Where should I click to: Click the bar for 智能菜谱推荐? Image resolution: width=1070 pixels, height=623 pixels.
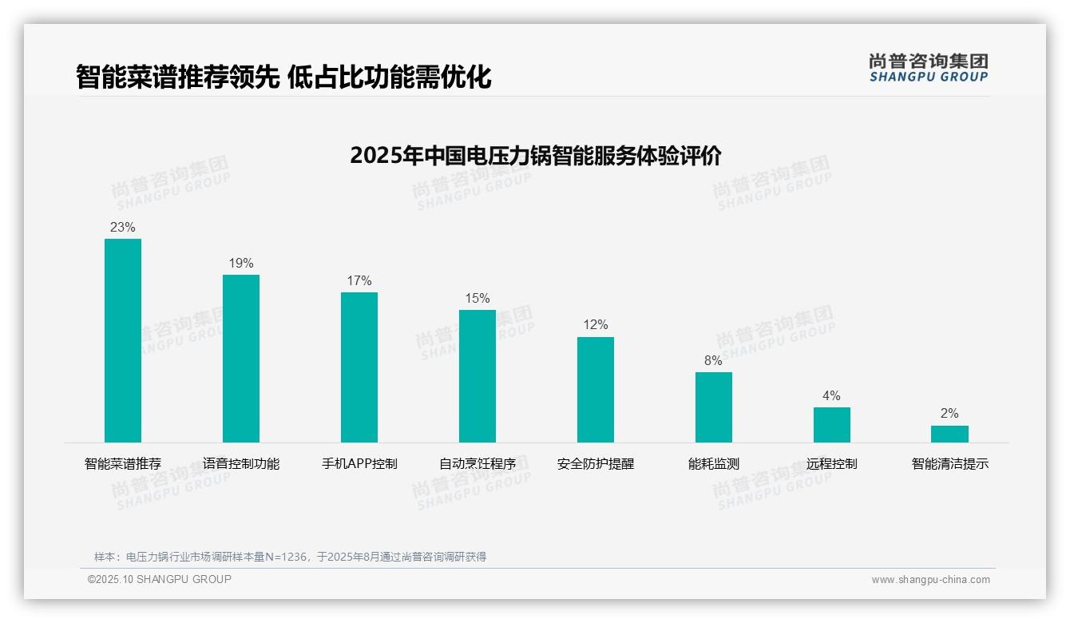[x=123, y=340]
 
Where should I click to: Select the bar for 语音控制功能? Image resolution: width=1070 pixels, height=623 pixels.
[x=241, y=358]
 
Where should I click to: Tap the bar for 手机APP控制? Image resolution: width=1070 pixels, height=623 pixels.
[x=359, y=367]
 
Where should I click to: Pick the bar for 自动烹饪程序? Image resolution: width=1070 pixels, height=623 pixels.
[x=478, y=375]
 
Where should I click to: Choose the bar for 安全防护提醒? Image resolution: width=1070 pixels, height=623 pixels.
[x=596, y=389]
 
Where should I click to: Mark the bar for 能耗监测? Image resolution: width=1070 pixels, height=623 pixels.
[x=714, y=407]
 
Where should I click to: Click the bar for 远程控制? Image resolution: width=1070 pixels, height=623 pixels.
[x=832, y=424]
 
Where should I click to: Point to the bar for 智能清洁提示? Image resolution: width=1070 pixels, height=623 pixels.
[x=949, y=434]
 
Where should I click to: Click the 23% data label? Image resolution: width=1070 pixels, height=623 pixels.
[x=123, y=228]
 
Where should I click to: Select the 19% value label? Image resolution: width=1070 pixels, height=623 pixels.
[x=241, y=264]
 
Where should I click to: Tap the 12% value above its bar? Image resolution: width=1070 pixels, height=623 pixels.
[x=596, y=325]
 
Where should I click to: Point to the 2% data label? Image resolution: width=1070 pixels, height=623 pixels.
[x=949, y=414]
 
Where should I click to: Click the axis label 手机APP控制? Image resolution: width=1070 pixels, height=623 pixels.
[x=359, y=464]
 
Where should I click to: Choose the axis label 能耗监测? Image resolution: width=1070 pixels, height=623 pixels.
[x=714, y=464]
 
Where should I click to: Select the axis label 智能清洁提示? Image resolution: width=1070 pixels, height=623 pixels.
[x=950, y=464]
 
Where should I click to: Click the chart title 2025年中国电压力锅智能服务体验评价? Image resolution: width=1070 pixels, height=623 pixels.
[x=535, y=156]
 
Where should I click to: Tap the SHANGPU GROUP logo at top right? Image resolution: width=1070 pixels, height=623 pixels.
[x=928, y=68]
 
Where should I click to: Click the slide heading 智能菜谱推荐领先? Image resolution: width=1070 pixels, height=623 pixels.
[x=177, y=77]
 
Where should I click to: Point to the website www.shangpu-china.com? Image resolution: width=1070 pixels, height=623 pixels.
[x=930, y=580]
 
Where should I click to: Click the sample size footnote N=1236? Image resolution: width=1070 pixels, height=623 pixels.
[x=290, y=557]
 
